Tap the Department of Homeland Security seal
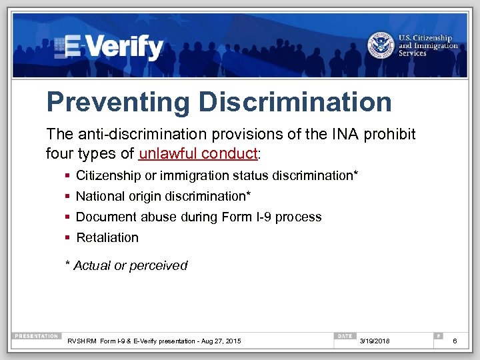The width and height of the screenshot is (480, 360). coord(381,45)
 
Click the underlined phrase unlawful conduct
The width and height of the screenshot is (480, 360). coord(197,153)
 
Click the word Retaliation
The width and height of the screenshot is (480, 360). coord(107,237)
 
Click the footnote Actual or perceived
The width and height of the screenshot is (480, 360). coord(130,265)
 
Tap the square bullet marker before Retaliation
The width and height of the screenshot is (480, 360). coord(68,238)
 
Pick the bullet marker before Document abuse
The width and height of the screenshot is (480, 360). coord(68,217)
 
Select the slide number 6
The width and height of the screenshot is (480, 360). coord(455,341)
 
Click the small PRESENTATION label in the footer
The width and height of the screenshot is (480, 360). coord(36,336)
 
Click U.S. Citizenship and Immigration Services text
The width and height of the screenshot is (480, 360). coord(428,45)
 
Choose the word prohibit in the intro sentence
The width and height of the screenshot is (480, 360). coord(393,135)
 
